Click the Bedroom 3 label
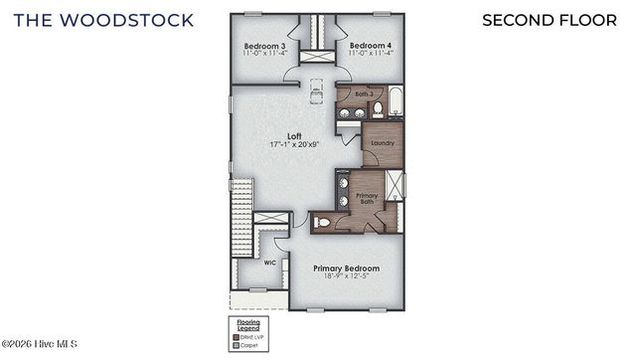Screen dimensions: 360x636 (x=265, y=46)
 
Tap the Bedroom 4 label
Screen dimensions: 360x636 (x=370, y=46)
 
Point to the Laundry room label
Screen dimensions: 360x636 (x=383, y=143)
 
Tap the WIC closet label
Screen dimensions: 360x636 (x=269, y=263)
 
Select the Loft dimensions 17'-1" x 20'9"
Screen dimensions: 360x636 (x=294, y=145)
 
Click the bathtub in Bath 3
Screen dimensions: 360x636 (x=397, y=101)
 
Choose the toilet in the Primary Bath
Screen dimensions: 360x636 (x=321, y=224)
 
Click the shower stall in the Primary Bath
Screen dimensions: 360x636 (x=395, y=185)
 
